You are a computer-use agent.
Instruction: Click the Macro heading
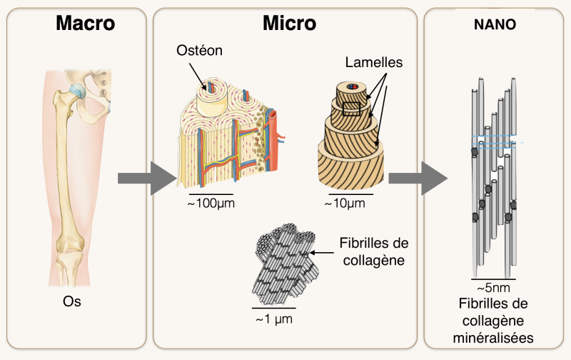[86, 23]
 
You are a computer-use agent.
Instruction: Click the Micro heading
[290, 23]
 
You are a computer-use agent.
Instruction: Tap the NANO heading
[495, 24]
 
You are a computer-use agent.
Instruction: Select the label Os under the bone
[72, 301]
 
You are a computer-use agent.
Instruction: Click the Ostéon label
[199, 50]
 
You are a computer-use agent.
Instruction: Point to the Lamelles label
[373, 62]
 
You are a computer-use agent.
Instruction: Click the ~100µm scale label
[211, 203]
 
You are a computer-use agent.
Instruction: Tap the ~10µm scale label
[345, 203]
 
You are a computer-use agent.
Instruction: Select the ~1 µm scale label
[274, 319]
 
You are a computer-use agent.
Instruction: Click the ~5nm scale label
[493, 288]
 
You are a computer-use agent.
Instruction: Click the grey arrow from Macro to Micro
[147, 178]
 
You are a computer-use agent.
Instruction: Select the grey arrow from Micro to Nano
[418, 178]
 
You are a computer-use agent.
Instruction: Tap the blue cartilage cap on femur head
[78, 91]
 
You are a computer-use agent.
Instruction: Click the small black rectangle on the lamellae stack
[351, 109]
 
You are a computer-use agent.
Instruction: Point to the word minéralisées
[493, 338]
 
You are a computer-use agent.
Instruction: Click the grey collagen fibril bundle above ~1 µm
[285, 264]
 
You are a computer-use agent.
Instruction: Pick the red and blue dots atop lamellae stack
[352, 86]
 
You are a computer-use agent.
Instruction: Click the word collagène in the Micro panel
[373, 260]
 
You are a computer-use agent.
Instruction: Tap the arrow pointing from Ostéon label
[198, 76]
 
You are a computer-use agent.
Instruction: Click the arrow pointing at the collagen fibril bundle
[322, 253]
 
